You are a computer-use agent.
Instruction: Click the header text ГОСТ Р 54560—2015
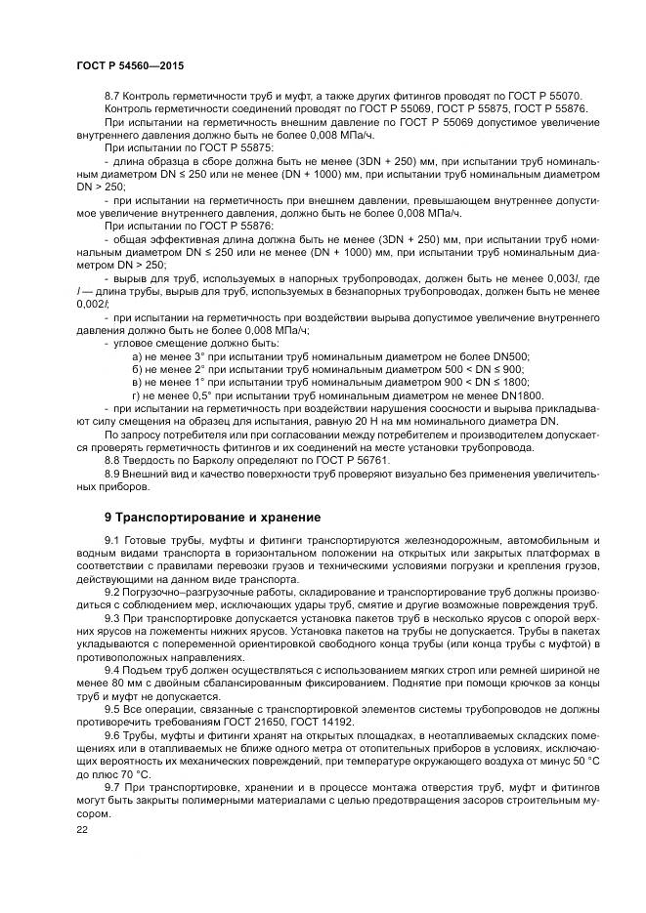[129, 64]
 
